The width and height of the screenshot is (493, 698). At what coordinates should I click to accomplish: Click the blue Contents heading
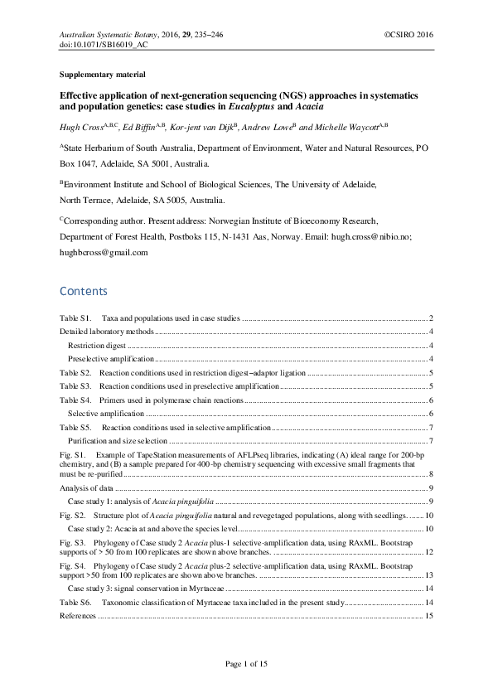click(x=83, y=292)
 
